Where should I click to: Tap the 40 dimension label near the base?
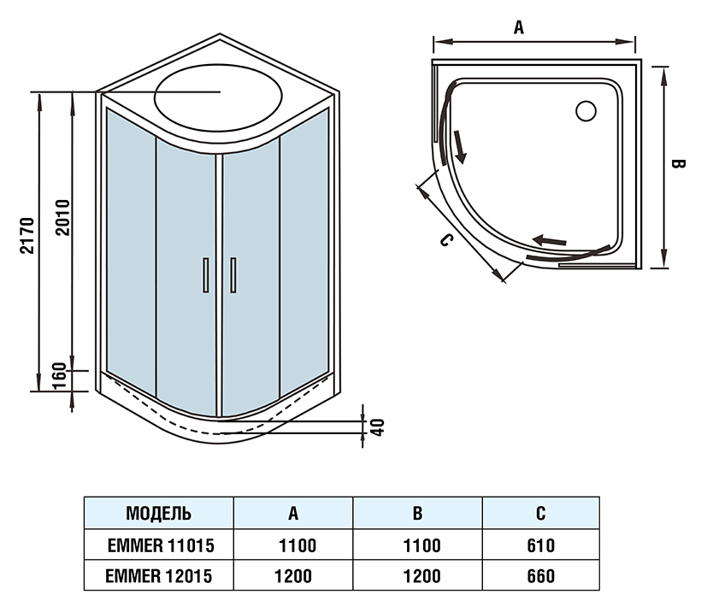[x=375, y=426]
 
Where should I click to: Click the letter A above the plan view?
[x=518, y=26]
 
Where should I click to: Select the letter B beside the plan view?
[x=679, y=165]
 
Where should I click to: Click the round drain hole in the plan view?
[x=586, y=110]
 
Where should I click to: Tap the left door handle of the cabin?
[x=203, y=275]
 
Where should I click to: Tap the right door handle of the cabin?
[x=233, y=275]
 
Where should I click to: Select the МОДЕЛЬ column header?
[x=158, y=514]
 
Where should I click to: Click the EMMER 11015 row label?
[x=158, y=545]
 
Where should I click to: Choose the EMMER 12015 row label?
[x=158, y=576]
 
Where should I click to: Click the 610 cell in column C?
[x=540, y=545]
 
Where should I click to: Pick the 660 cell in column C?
[x=540, y=576]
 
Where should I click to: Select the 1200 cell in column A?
[x=292, y=576]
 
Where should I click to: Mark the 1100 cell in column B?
[x=417, y=545]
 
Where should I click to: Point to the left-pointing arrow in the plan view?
[x=549, y=241]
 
